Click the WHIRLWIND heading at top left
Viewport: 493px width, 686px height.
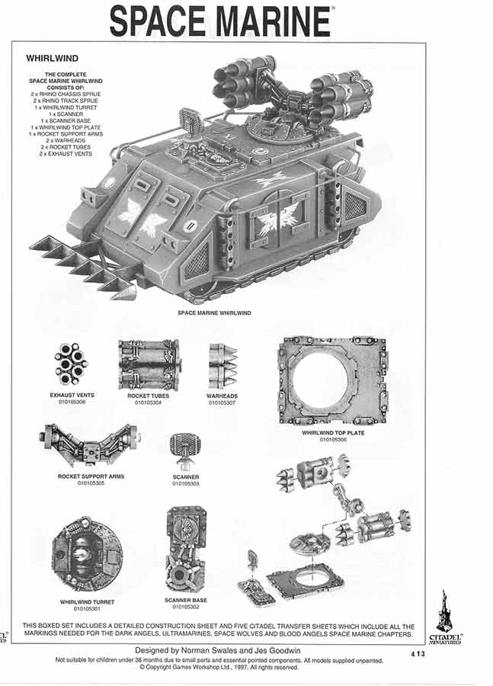click(x=52, y=58)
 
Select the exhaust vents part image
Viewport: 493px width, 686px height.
click(x=71, y=364)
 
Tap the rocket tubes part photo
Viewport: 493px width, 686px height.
click(x=149, y=365)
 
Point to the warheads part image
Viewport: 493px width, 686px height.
click(x=222, y=366)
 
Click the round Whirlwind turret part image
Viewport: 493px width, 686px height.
click(x=87, y=554)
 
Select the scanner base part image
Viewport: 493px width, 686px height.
click(x=187, y=550)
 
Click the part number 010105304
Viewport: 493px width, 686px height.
click(x=148, y=402)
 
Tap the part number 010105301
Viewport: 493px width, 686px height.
click(x=87, y=608)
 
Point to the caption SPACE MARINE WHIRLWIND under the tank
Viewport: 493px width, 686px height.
click(x=214, y=313)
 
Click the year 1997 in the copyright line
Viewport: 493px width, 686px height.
click(x=241, y=668)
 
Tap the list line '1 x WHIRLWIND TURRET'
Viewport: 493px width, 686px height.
click(x=66, y=107)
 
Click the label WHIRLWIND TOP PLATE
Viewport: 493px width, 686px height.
click(x=333, y=433)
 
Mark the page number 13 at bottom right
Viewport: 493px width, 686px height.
click(x=421, y=654)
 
